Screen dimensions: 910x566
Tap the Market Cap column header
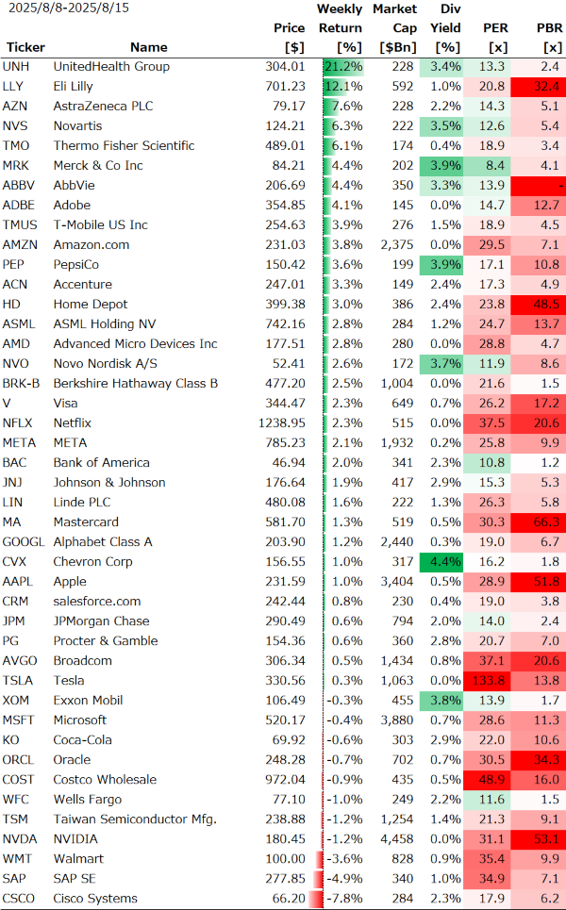[x=393, y=28]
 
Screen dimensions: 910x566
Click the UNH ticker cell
[x=15, y=67]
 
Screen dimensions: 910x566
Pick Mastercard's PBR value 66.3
[x=546, y=522]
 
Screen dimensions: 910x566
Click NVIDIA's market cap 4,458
[x=395, y=839]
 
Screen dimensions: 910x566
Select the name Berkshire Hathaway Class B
[x=135, y=384]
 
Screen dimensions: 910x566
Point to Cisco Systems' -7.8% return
[x=343, y=899]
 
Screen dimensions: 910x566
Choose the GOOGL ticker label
[x=24, y=542]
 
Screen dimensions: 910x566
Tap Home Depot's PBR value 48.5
[x=546, y=305]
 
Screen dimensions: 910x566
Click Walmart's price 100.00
[x=286, y=859]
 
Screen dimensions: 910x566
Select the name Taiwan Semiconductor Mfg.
[x=135, y=819]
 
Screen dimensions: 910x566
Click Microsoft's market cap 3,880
[x=395, y=720]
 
